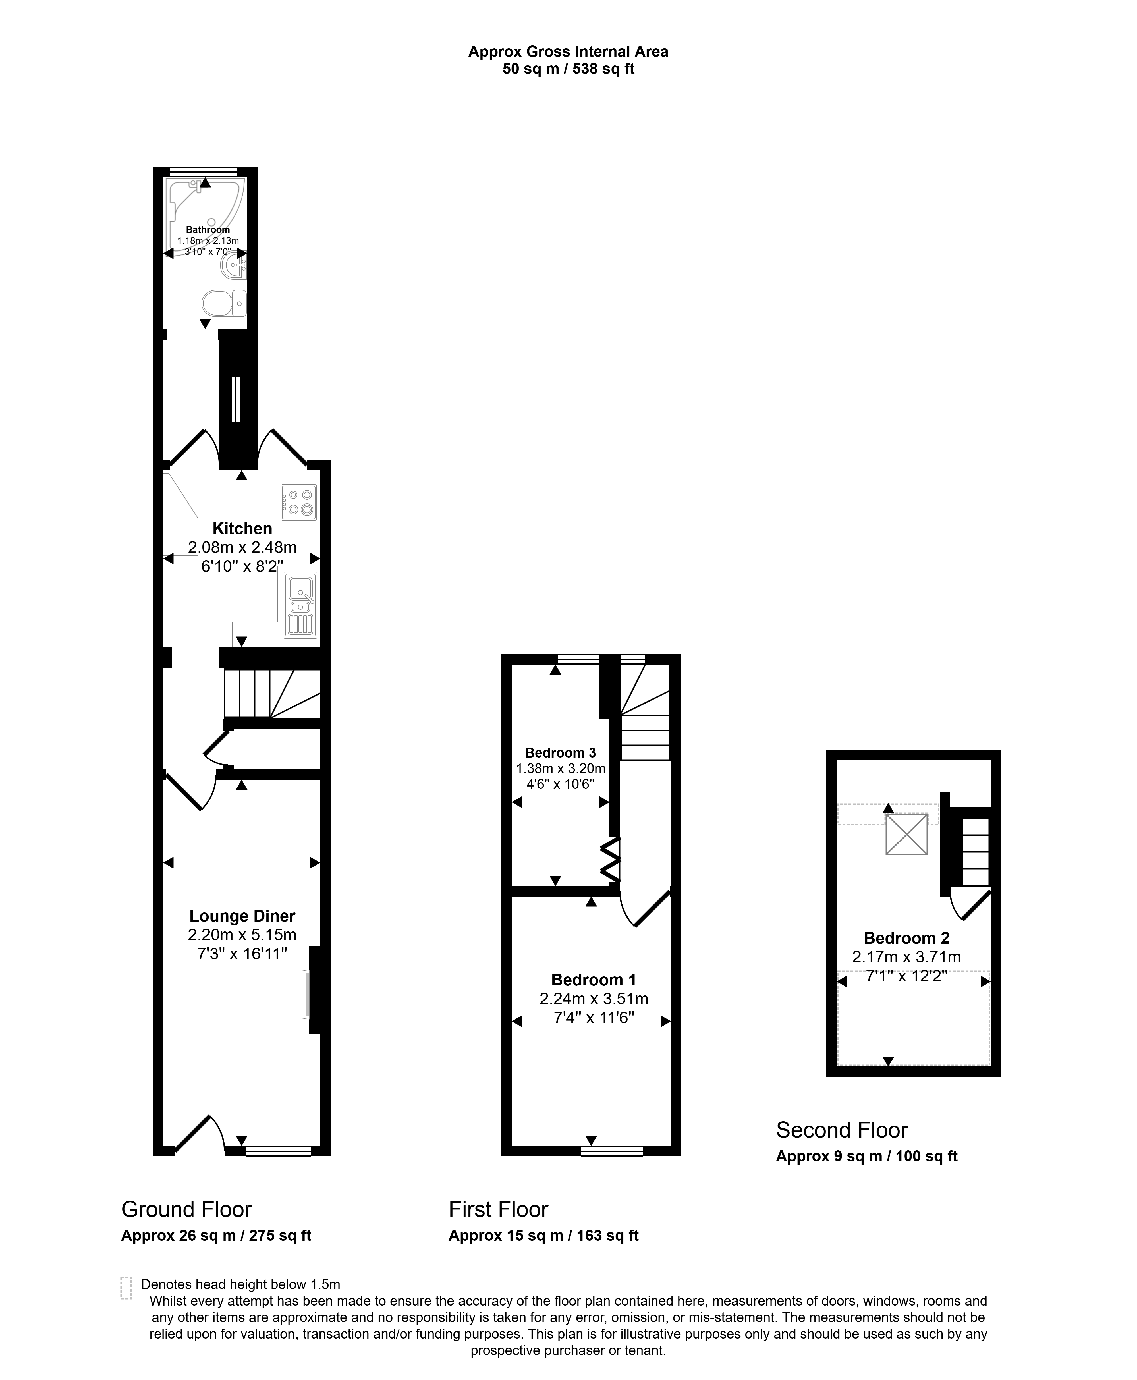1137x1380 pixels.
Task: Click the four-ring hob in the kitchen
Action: tap(299, 502)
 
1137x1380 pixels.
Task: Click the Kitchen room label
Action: tap(242, 529)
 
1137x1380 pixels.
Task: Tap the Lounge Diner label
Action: tap(242, 916)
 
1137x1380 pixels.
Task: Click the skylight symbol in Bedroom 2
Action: tap(906, 834)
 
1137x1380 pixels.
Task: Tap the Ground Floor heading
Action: tap(187, 1209)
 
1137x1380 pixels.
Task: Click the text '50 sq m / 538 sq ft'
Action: tap(568, 69)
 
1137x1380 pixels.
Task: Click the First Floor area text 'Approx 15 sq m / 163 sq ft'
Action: tap(543, 1235)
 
